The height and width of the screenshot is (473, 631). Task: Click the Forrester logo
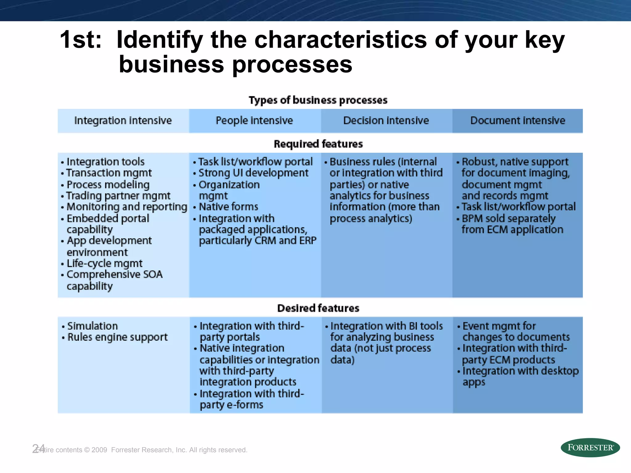click(x=590, y=447)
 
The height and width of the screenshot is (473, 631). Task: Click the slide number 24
click(x=39, y=448)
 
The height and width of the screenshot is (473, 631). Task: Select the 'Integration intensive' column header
click(x=123, y=120)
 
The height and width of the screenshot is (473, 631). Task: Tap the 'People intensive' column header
click(x=254, y=120)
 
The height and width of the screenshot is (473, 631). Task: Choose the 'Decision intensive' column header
click(x=386, y=120)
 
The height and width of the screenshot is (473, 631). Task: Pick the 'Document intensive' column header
click(x=518, y=120)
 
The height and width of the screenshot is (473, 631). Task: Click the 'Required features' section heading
click(x=318, y=144)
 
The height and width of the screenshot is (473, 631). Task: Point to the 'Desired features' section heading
click(x=318, y=308)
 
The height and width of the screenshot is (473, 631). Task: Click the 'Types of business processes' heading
click(x=318, y=100)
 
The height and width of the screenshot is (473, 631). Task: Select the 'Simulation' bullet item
click(x=92, y=326)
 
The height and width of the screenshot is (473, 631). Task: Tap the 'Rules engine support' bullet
click(x=117, y=337)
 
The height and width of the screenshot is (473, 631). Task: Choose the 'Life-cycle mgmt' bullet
click(x=104, y=263)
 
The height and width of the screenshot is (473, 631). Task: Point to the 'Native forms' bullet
click(x=228, y=207)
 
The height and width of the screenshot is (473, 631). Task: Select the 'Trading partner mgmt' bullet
click(x=118, y=196)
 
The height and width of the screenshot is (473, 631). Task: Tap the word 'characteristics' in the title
click(x=340, y=40)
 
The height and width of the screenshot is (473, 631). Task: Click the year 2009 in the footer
click(x=99, y=450)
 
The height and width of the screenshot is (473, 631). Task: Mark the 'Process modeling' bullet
click(x=108, y=184)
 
